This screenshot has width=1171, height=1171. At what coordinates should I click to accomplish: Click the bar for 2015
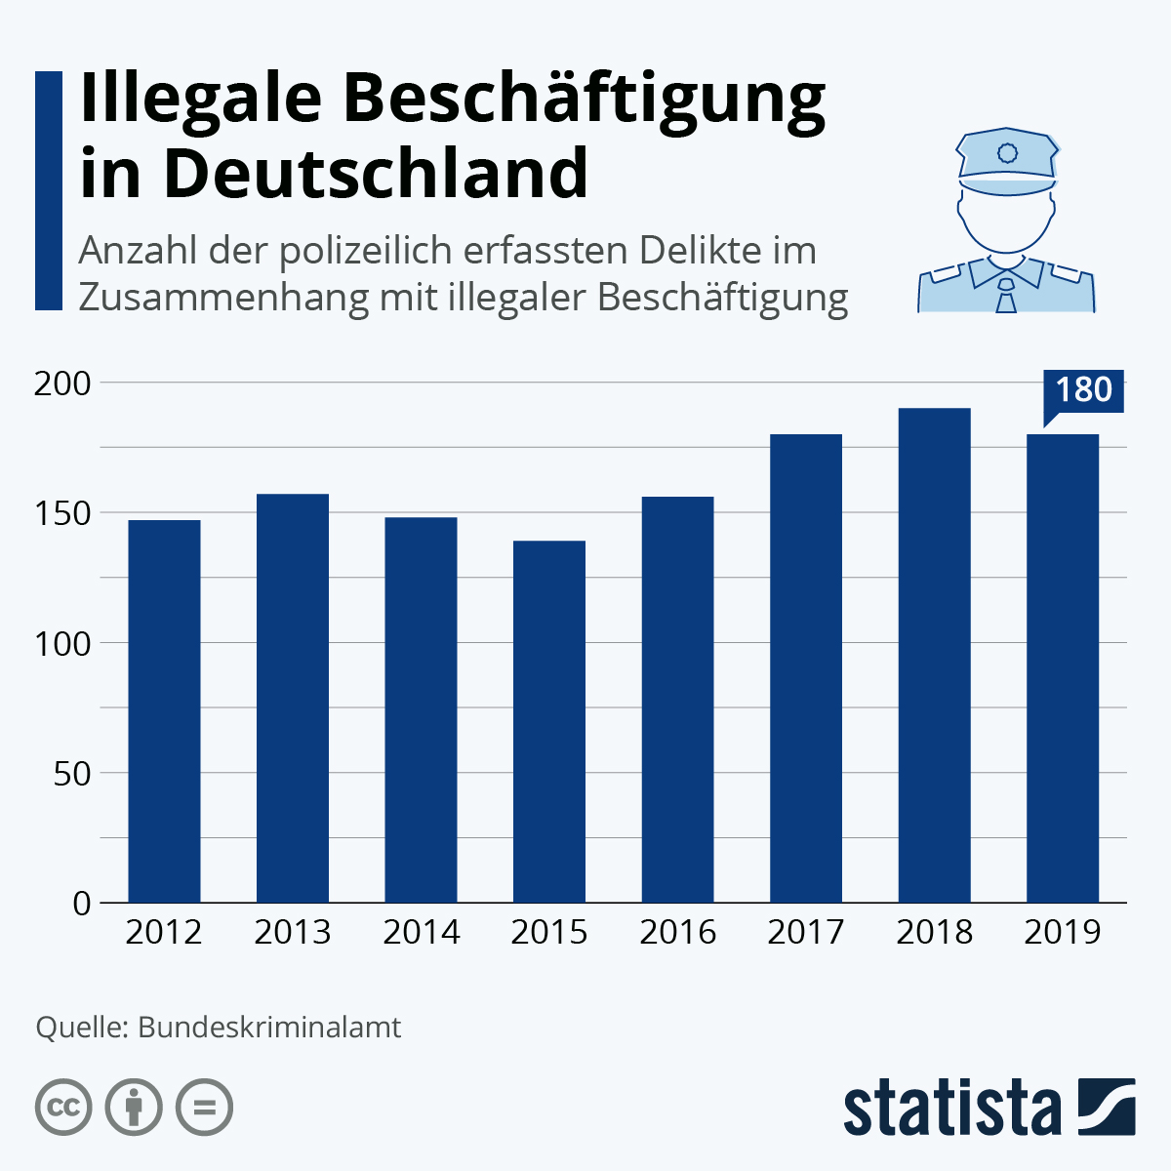tap(549, 721)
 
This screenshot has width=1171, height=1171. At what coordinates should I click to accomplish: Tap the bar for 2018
tap(934, 655)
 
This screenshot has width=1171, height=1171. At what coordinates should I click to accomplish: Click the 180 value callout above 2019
tap(1083, 390)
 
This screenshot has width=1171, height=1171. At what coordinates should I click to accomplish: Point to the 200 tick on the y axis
tap(62, 384)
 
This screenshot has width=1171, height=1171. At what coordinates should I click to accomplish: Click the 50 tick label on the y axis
tap(70, 773)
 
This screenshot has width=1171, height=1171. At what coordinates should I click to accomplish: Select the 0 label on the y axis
tap(81, 903)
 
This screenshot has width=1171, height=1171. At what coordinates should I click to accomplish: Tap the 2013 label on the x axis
tap(292, 932)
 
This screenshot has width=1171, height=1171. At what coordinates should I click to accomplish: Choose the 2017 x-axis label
tap(805, 932)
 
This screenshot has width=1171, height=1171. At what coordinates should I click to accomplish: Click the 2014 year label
tap(421, 932)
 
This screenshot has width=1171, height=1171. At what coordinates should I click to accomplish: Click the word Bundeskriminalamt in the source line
tap(269, 1028)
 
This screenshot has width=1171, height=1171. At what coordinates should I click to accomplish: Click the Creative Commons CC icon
tap(64, 1108)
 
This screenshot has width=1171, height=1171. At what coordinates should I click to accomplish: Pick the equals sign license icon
tap(204, 1108)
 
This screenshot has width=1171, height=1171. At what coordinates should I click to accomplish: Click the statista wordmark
tap(951, 1108)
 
